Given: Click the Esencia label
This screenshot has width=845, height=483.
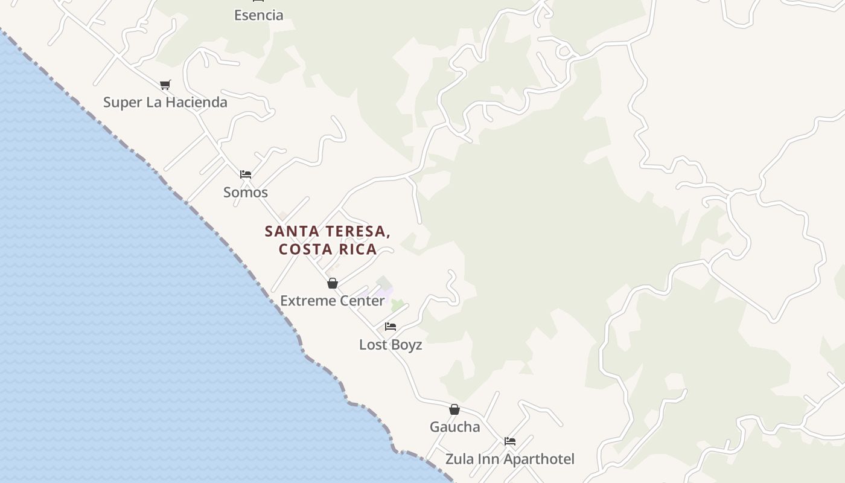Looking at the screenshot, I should pos(258,15).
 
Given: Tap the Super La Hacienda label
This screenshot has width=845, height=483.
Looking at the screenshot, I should pos(165,102).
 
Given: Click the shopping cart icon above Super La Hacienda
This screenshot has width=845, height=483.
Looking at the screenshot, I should pos(165,85).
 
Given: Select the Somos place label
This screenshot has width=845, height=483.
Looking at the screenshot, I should pos(245,192).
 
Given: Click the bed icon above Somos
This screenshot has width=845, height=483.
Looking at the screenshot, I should pos(245,174).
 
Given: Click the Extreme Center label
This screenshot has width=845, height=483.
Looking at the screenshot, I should pos(332,301).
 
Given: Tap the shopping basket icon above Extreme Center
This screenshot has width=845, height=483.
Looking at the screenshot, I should pos(332,283).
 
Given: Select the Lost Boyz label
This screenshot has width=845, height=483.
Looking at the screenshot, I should pos(390,345).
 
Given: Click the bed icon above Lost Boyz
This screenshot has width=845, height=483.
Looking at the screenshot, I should pos(391,327).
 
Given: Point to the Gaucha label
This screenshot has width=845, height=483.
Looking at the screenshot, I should pos(454,427).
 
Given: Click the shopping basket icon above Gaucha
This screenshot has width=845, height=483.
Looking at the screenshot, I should pos(454,409).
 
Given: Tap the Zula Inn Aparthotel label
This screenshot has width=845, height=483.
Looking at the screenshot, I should pos(509,459).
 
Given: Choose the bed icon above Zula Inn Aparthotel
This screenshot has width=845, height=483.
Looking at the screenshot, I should pos(510,441).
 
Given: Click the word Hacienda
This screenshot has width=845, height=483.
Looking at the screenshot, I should pos(197,102).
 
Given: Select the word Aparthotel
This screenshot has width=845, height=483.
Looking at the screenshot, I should pos(539,459).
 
